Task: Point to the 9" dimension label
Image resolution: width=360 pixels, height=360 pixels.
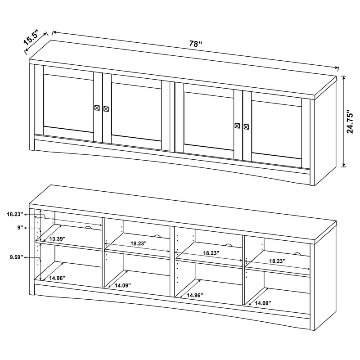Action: [x=20, y=228]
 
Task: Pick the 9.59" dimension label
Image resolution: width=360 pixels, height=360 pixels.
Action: [x=15, y=257]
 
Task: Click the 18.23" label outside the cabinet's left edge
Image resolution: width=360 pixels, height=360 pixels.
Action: [x=15, y=215]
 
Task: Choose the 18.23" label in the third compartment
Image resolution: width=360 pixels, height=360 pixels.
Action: [x=211, y=253]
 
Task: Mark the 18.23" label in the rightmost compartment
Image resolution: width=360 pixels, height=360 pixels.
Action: [x=277, y=261]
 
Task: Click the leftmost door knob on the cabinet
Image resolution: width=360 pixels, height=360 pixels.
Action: [x=98, y=108]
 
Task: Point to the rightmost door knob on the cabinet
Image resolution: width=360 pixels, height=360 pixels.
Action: [x=246, y=126]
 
